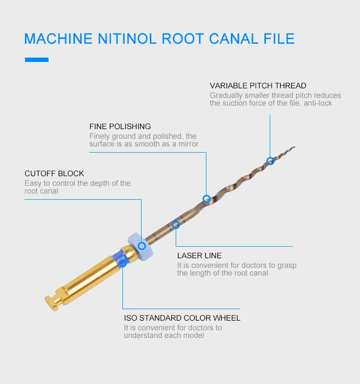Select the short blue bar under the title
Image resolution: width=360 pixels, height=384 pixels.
36,60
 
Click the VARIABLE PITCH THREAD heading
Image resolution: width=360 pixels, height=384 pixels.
258,86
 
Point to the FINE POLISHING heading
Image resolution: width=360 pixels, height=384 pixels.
120,127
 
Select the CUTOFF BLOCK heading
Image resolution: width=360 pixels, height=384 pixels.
54,173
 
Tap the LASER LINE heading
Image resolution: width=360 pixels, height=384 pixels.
199,256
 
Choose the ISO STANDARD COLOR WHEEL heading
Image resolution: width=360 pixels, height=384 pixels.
182,318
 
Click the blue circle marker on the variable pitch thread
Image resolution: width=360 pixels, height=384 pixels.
270,161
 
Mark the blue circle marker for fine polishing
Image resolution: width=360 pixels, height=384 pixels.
206,199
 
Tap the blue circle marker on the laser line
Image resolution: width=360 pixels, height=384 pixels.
176,224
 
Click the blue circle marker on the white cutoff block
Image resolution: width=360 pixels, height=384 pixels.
142,246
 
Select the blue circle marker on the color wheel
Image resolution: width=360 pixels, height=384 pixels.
122,263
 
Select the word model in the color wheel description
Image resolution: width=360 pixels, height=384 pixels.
194,335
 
